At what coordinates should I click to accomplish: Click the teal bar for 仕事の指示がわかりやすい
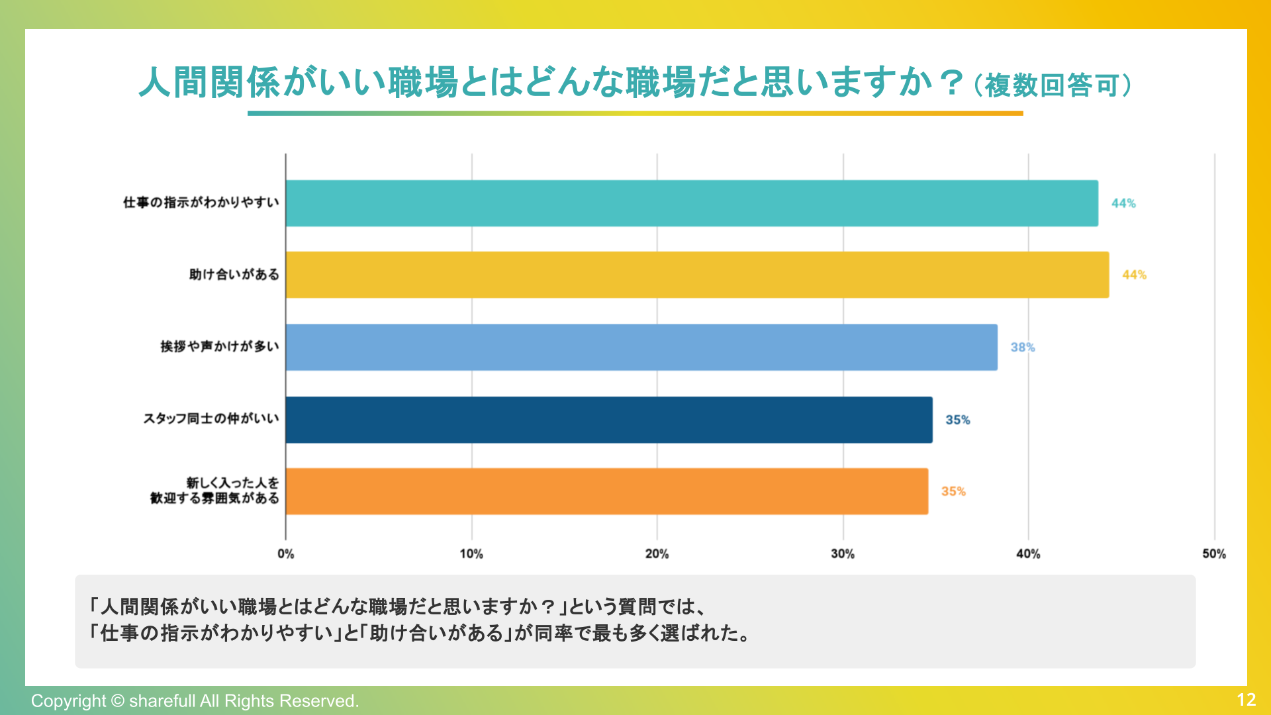(x=692, y=203)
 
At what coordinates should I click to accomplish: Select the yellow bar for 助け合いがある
(x=697, y=275)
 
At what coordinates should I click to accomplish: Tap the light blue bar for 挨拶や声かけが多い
(x=641, y=347)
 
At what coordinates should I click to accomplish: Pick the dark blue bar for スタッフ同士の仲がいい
(x=609, y=420)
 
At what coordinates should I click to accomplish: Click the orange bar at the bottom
(x=606, y=491)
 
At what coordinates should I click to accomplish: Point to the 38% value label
(x=1022, y=348)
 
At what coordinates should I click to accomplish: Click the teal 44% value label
(x=1123, y=203)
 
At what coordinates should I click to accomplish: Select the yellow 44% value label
(x=1134, y=275)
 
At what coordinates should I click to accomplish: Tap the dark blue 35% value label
(x=957, y=420)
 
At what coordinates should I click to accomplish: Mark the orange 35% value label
(x=953, y=491)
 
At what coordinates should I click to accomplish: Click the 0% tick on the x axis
(x=286, y=554)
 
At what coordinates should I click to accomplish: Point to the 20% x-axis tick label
(x=657, y=554)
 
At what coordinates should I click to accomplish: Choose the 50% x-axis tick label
(x=1213, y=554)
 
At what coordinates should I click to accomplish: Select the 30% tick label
(x=843, y=554)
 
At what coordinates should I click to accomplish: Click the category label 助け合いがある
(x=234, y=275)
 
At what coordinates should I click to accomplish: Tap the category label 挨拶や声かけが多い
(x=219, y=347)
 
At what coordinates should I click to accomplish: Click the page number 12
(x=1246, y=700)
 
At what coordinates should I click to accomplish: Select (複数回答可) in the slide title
(x=1053, y=85)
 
